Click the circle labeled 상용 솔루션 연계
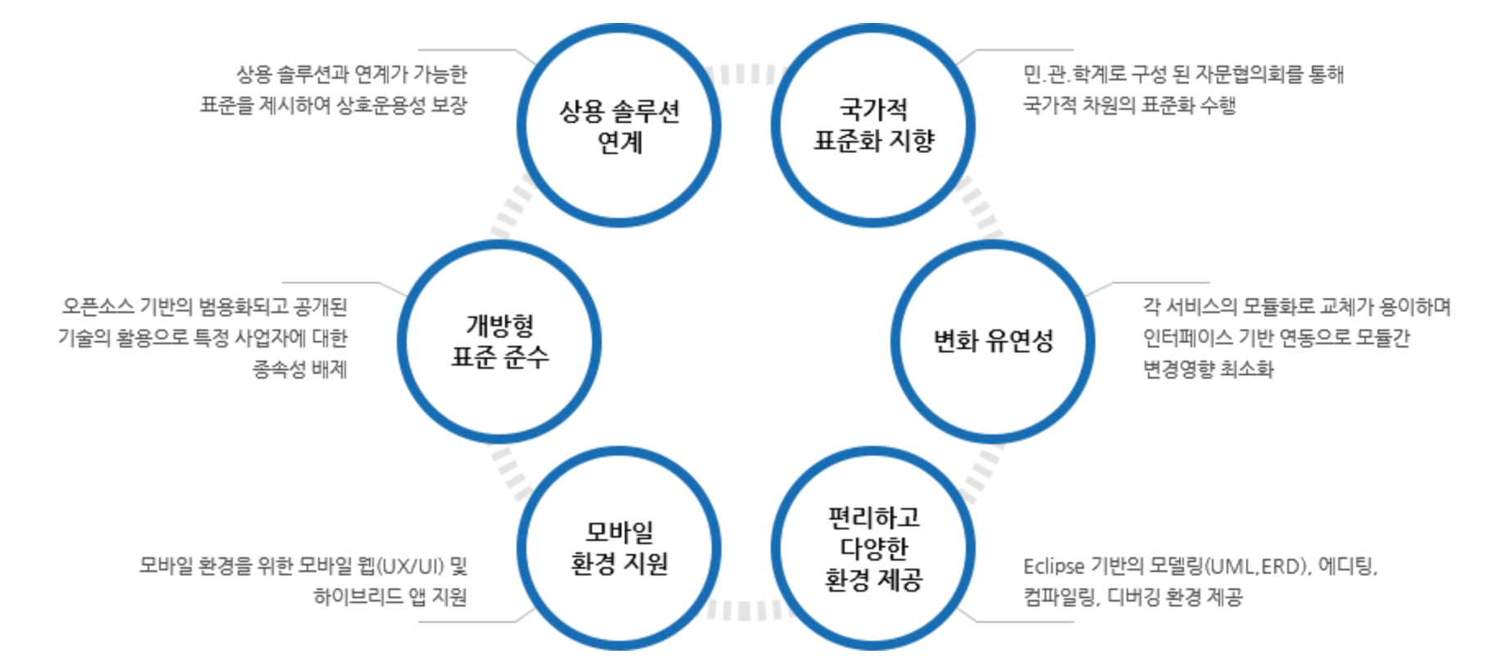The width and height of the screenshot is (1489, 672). (x=619, y=125)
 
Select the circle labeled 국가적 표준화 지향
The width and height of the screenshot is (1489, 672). (x=873, y=125)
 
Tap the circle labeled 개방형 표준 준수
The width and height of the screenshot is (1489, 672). (x=499, y=341)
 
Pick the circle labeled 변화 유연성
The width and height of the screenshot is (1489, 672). (x=993, y=341)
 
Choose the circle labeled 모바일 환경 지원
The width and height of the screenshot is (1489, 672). (x=619, y=548)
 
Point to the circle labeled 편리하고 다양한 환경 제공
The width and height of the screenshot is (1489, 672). (x=873, y=548)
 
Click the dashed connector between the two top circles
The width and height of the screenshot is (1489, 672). (x=746, y=75)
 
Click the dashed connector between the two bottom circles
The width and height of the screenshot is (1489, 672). (x=746, y=611)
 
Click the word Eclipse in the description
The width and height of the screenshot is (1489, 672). (x=1054, y=566)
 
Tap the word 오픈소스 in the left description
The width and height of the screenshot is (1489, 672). (x=98, y=307)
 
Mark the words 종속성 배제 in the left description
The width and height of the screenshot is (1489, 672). (x=299, y=370)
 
